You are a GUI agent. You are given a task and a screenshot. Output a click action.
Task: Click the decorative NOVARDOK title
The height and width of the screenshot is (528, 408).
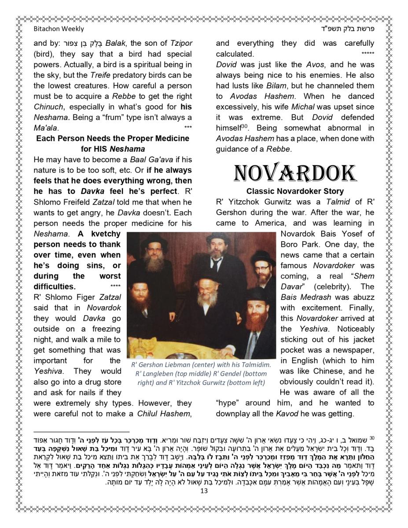click(x=295, y=173)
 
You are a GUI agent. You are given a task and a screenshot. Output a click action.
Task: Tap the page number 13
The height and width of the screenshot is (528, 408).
click(x=204, y=491)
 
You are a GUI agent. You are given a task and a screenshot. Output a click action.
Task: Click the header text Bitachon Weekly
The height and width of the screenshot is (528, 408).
click(x=59, y=29)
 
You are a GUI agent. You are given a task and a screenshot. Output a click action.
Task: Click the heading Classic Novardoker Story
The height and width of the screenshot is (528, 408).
click(x=295, y=191)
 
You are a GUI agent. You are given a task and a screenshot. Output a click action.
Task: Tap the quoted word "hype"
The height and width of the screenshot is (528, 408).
click(x=229, y=403)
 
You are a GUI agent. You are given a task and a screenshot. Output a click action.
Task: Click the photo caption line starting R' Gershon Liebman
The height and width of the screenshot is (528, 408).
click(x=201, y=365)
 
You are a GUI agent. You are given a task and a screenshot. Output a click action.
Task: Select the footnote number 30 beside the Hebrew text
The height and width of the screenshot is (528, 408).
click(x=372, y=438)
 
